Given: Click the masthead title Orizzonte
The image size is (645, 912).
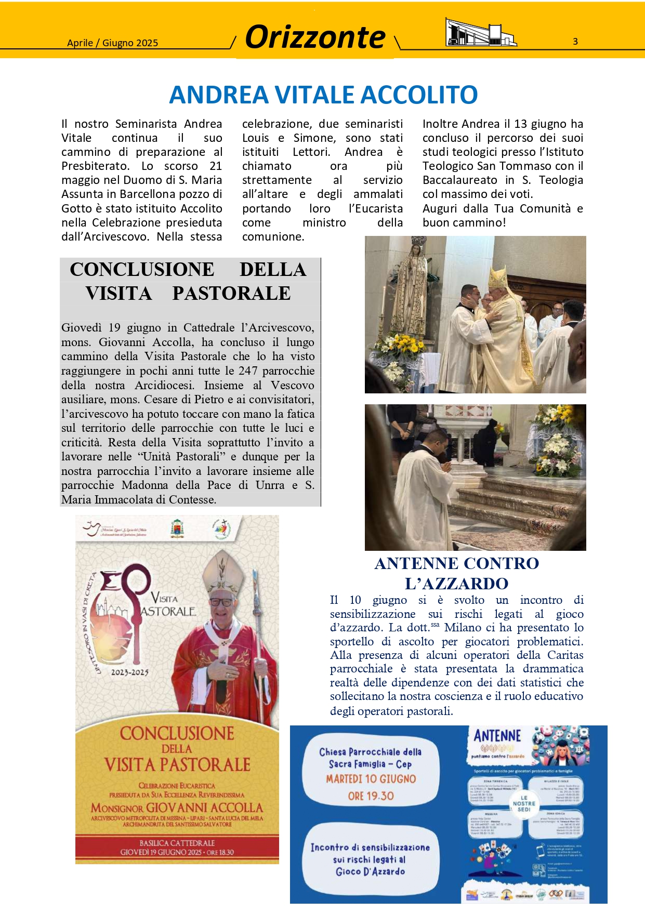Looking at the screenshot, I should [x=315, y=37].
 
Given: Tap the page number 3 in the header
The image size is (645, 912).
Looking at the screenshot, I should [x=575, y=42].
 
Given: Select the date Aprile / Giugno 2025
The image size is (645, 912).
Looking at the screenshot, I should [x=112, y=43].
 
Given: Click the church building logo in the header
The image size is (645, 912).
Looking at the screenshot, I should [x=480, y=33].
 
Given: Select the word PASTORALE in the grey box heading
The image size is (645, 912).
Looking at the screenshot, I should [x=231, y=294].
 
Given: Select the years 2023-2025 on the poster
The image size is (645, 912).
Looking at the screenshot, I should [x=130, y=672].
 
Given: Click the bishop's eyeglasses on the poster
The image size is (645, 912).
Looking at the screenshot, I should [x=222, y=602].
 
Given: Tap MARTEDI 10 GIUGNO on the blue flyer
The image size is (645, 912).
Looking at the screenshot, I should [x=371, y=779].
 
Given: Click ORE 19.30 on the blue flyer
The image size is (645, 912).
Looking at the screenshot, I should [x=371, y=796].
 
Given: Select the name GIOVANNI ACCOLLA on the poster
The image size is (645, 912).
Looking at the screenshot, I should [x=204, y=808].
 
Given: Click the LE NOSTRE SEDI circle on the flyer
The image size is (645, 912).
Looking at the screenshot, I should [x=524, y=803].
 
